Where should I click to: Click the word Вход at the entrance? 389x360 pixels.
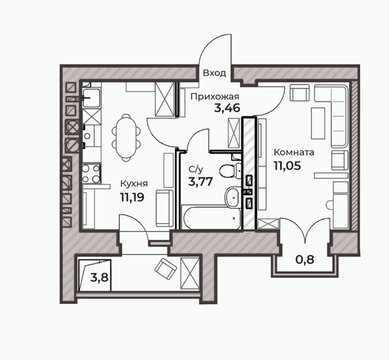pos(215,73)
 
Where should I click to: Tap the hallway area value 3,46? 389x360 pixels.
pos(227,108)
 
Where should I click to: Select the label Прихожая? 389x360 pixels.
pos(215,97)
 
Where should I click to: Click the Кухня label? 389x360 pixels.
pos(134,184)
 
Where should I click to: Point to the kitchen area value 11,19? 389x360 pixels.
pos(132,198)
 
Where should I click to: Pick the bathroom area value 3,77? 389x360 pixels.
pos(201,181)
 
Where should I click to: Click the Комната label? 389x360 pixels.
pos(294,152)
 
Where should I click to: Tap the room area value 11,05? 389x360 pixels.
pos(287,165)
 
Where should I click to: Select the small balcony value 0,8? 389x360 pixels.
pos(305,260)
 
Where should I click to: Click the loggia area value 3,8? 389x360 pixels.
pos(99,277)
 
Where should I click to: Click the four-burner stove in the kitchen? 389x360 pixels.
pos(91,173)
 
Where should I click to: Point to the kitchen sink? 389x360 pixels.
pos(91,98)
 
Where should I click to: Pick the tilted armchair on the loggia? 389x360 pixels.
pos(166,269)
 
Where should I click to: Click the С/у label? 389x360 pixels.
pos(196,170)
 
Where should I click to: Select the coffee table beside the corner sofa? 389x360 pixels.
pos(318,123)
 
